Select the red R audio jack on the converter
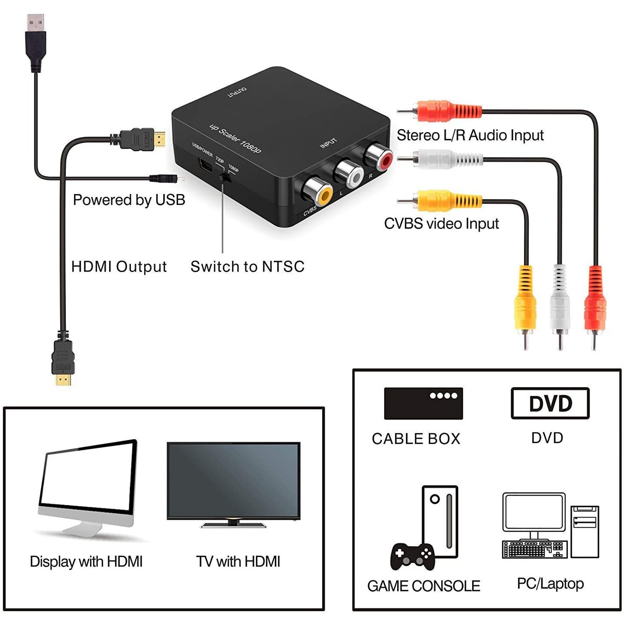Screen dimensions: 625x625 click(378, 156)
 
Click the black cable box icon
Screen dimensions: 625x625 click(423, 403)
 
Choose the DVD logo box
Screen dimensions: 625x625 click(550, 403)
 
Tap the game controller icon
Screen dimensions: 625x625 click(412, 557)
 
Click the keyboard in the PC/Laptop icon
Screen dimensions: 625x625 click(533, 549)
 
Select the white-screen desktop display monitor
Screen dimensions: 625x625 click(88, 487)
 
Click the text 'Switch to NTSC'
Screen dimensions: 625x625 click(247, 267)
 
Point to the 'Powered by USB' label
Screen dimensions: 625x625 click(129, 200)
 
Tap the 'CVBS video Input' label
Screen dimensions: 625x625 click(441, 224)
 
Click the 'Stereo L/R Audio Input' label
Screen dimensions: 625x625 click(470, 135)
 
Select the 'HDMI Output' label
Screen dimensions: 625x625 click(119, 267)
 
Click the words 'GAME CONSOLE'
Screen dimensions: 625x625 click(424, 586)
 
